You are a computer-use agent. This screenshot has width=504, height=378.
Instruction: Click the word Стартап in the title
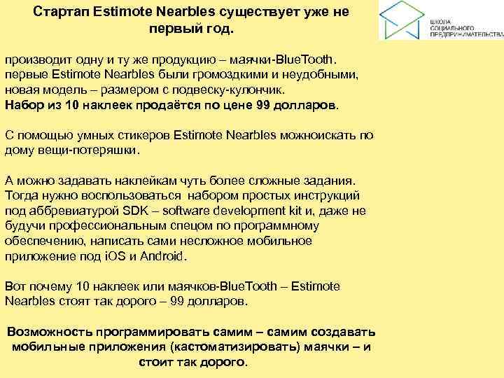(60, 13)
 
